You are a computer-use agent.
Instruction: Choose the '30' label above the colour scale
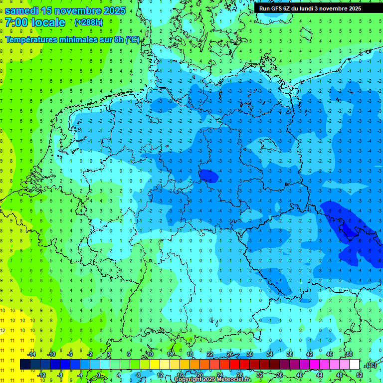click(x=250, y=354)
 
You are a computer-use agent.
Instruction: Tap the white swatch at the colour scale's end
click(x=354, y=365)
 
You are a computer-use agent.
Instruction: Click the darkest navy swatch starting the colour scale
click(x=25, y=365)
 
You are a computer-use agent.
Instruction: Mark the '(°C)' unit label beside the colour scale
click(x=371, y=365)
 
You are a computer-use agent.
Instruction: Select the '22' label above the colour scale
click(x=210, y=354)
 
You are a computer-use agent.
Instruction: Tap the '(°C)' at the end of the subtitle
click(x=132, y=39)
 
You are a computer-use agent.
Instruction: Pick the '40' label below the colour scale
click(x=300, y=375)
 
